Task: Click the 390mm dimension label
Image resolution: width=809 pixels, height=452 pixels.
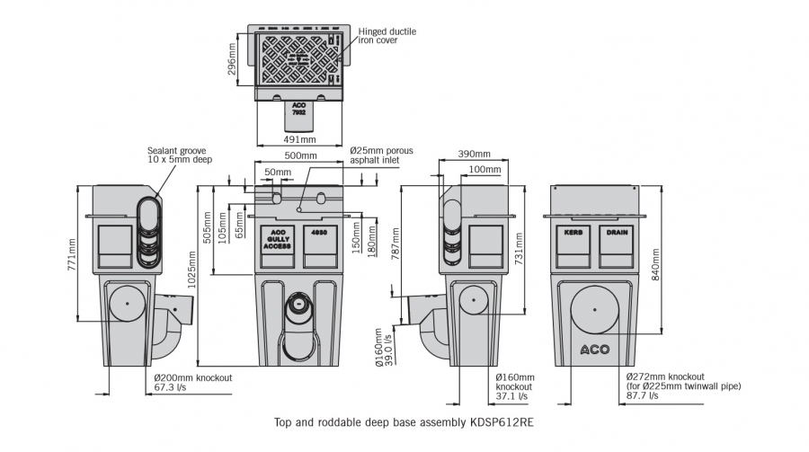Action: coord(474,155)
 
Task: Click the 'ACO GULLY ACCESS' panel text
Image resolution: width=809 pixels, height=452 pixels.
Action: coord(277,237)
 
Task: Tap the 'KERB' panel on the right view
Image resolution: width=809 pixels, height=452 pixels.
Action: coord(573,232)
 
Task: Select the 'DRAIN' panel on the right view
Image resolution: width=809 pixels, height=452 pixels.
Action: coord(617,232)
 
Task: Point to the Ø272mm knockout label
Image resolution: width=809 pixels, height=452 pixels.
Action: coord(664,377)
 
